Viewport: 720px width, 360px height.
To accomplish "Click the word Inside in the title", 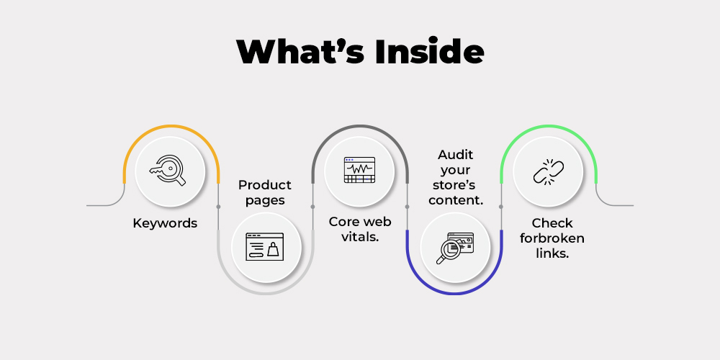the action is coord(429,51).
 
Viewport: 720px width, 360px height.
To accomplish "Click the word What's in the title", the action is coord(301,51).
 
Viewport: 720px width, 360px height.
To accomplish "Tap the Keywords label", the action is coord(165,224).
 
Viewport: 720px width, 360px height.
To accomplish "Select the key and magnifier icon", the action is coord(168,171).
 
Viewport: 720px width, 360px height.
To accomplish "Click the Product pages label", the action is coord(265,192).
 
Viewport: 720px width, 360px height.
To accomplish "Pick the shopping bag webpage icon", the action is coord(264,246).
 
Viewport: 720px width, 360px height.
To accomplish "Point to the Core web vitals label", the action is coord(360,229).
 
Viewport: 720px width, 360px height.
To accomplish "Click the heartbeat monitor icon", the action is coord(359,170).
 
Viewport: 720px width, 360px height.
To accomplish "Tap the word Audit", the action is coord(456,154).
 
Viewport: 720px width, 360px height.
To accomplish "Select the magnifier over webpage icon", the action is coord(454,248).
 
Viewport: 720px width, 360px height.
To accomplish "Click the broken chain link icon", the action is coord(548,172).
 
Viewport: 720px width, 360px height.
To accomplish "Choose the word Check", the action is coord(552,223).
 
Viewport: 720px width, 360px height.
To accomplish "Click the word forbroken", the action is coord(552,238).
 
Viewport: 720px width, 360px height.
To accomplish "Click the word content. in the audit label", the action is coord(456,200).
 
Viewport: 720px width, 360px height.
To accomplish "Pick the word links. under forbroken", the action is coord(552,253).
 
